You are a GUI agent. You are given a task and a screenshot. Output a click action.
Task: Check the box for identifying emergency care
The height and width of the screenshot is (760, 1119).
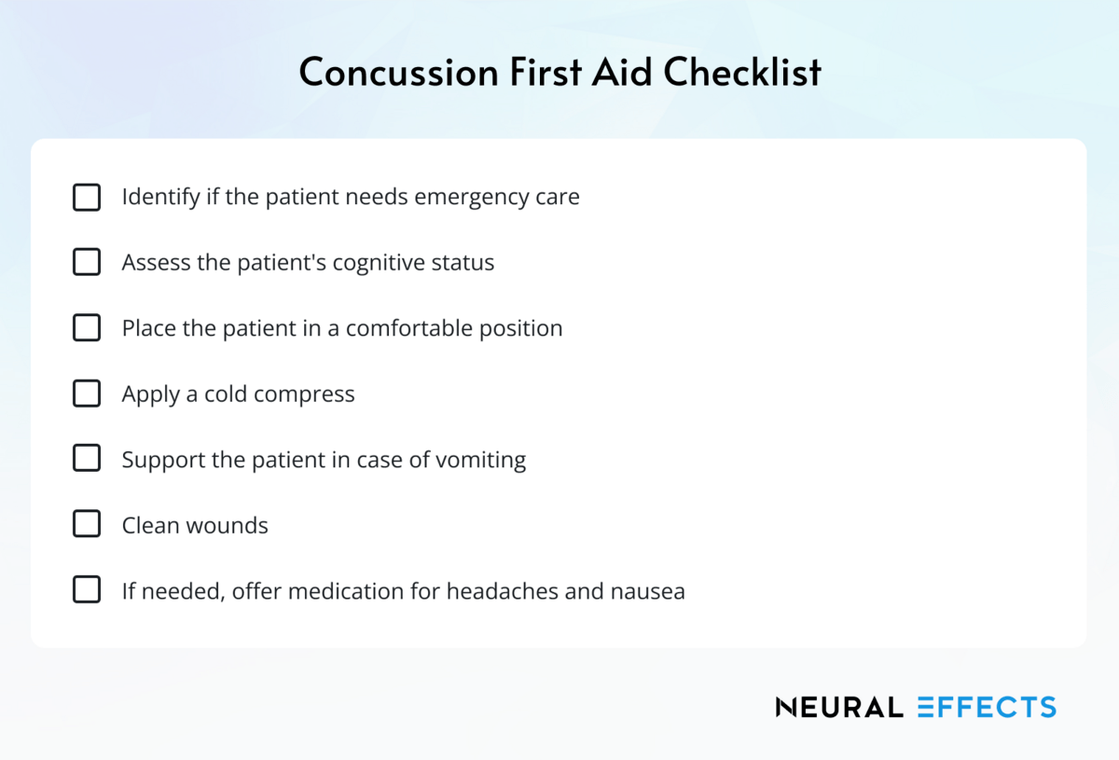[87, 198]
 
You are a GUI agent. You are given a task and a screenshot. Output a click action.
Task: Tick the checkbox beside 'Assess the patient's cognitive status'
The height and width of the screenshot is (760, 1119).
[87, 263]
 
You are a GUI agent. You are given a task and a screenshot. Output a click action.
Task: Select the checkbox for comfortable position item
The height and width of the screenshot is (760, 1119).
[87, 328]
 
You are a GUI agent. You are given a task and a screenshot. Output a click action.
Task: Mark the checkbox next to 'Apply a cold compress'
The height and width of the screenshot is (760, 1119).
[87, 394]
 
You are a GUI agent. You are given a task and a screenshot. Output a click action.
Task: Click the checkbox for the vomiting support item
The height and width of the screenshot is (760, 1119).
[87, 459]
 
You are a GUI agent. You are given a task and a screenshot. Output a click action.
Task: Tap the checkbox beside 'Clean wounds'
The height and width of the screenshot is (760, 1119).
[87, 525]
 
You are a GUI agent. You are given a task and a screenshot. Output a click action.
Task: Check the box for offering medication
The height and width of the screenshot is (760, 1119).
[87, 590]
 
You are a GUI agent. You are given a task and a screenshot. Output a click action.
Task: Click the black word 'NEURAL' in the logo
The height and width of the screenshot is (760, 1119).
[839, 707]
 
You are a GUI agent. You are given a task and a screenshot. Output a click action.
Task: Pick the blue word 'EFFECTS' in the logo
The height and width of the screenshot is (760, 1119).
[986, 707]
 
